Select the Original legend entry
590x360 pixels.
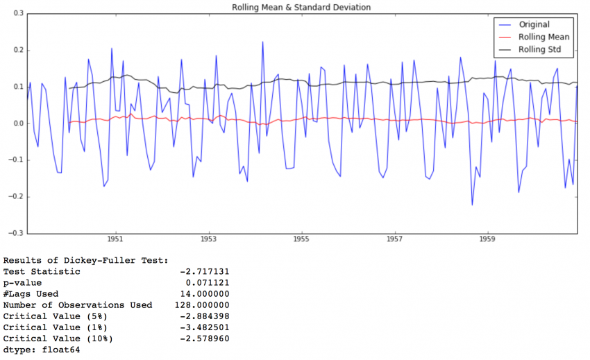(534, 25)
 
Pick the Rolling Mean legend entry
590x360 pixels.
(543, 37)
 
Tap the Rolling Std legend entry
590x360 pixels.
(540, 50)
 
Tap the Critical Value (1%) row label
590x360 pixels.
(58, 327)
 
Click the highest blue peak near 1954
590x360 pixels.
(262, 42)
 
